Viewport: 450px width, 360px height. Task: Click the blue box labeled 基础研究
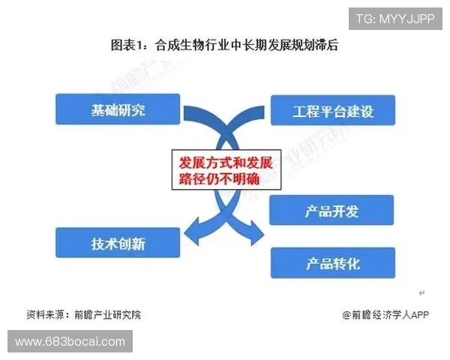tap(118, 109)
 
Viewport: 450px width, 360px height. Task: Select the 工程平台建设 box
tap(332, 111)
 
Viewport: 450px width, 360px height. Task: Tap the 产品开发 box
tap(331, 211)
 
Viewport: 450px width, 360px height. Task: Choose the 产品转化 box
tap(331, 263)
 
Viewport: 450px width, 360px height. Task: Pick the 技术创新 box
tap(118, 243)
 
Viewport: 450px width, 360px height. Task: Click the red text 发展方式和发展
tap(224, 161)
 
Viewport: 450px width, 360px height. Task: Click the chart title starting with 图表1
tap(225, 46)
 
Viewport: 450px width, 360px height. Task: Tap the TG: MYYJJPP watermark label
tap(394, 18)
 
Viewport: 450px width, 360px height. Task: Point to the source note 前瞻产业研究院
tap(108, 315)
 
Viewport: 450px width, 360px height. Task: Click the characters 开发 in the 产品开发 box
tap(346, 211)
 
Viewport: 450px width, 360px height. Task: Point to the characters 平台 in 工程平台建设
tap(332, 111)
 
